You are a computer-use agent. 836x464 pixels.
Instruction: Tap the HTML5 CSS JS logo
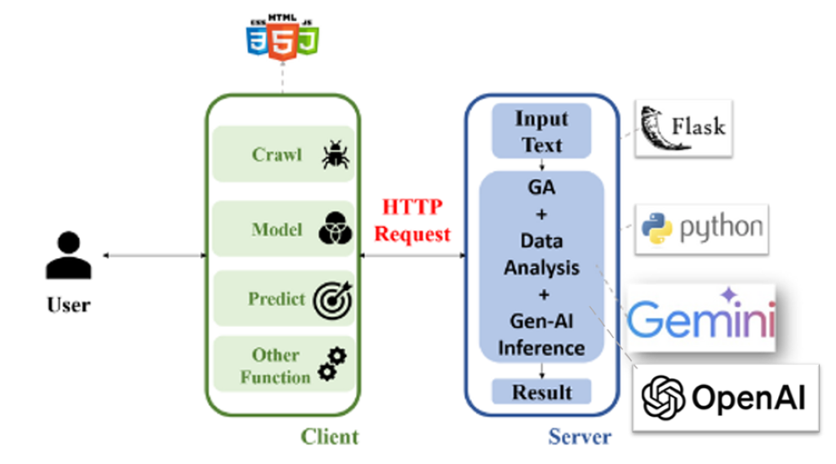pyautogui.click(x=282, y=34)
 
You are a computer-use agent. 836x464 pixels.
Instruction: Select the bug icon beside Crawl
pyautogui.click(x=335, y=154)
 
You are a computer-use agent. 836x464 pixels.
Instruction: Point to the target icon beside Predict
pyautogui.click(x=333, y=299)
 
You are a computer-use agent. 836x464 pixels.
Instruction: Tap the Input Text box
pyautogui.click(x=541, y=132)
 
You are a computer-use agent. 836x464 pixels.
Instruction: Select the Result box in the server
pyautogui.click(x=541, y=392)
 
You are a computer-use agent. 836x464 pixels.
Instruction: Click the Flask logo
pyautogui.click(x=684, y=127)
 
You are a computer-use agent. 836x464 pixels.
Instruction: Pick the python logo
pyautogui.click(x=702, y=228)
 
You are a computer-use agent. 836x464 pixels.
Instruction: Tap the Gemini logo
pyautogui.click(x=700, y=317)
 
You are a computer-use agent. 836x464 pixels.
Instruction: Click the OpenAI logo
pyautogui.click(x=726, y=397)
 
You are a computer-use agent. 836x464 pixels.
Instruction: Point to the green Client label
pyautogui.click(x=329, y=436)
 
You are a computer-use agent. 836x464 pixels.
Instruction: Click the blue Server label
pyautogui.click(x=579, y=437)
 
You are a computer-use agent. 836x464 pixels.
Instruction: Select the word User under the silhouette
pyautogui.click(x=68, y=306)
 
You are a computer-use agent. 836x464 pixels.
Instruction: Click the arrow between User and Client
pyautogui.click(x=155, y=256)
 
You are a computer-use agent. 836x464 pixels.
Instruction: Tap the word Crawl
pyautogui.click(x=277, y=154)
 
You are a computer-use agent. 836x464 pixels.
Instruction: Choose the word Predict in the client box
pyautogui.click(x=276, y=299)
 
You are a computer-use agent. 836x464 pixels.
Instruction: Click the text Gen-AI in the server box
pyautogui.click(x=541, y=322)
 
